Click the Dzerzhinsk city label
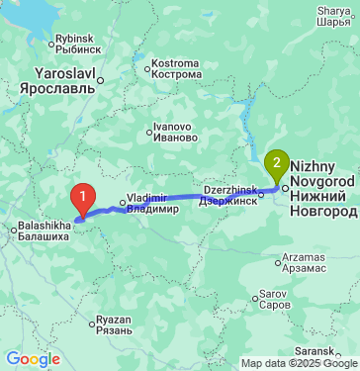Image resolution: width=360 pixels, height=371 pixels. pos(229,195)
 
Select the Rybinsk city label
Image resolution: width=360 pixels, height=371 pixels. pos(78,43)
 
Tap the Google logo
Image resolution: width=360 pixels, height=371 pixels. pos(33,358)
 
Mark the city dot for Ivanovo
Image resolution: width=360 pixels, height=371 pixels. pos(149,128)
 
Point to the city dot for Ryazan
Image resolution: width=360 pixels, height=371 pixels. pos(94,320)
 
